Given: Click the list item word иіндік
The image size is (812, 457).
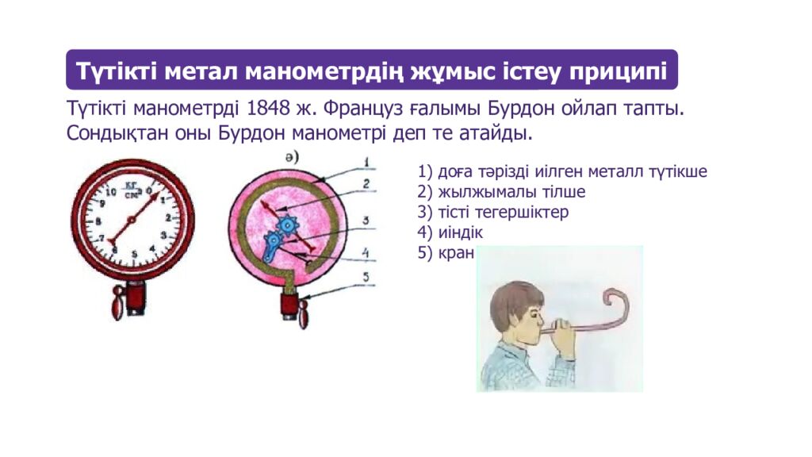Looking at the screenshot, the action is tap(461, 232).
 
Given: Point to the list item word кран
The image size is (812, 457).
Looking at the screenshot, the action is tap(456, 253).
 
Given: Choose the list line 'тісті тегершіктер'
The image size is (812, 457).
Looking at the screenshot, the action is tap(504, 213).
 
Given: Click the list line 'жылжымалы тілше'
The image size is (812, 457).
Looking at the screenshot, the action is tap(511, 192).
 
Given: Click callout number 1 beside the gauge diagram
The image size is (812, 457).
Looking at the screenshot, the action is tap(366, 163).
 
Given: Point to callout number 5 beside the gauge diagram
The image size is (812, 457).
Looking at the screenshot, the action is tap(366, 277).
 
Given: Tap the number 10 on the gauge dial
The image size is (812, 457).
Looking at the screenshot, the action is tap(110, 193).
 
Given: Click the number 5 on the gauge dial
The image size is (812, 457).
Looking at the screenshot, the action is tap(135, 254).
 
